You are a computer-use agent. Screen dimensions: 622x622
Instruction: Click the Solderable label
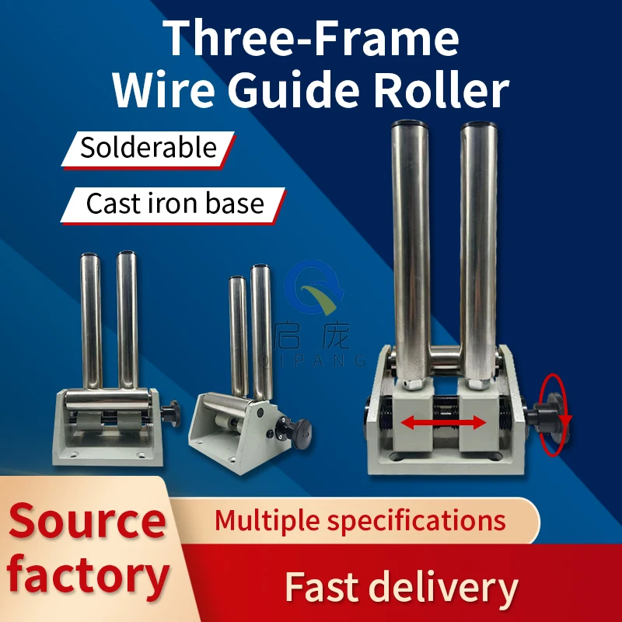[x=148, y=148]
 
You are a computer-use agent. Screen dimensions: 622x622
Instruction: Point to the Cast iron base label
[x=174, y=204]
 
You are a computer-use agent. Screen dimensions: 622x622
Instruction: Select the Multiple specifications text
[x=359, y=519]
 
